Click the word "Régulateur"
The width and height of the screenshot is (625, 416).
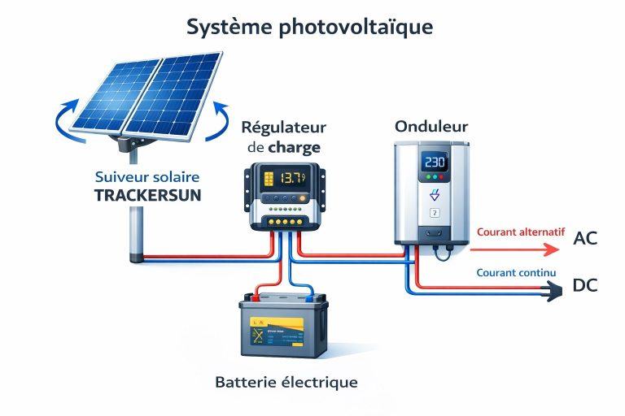pyautogui.click(x=283, y=128)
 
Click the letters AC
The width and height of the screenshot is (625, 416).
pyautogui.click(x=586, y=239)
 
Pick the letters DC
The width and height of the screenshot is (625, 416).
pyautogui.click(x=586, y=286)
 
